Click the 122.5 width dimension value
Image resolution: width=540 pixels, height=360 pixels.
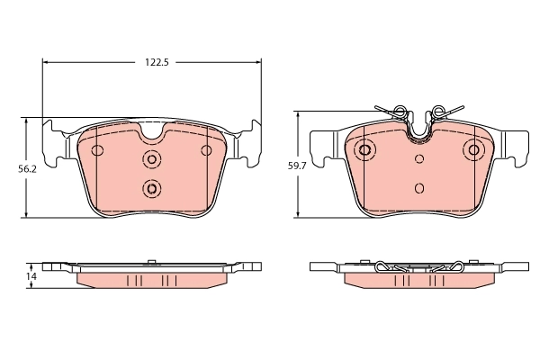(157, 62)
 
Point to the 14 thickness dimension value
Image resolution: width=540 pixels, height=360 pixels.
(32, 276)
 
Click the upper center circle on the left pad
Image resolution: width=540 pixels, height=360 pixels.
(151, 159)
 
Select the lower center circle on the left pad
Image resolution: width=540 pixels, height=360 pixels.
(151, 188)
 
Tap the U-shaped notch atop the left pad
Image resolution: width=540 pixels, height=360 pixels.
(152, 133)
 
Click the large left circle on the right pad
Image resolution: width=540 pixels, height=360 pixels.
(365, 149)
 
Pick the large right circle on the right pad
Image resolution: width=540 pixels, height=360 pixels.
(473, 149)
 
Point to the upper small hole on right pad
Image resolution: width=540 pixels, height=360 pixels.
(419, 159)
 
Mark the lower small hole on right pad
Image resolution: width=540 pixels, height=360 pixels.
(419, 188)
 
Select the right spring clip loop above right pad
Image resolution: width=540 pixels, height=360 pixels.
(441, 112)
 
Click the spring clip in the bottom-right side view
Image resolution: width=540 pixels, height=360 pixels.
(419, 266)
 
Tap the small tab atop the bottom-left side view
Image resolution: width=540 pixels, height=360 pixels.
(152, 262)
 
